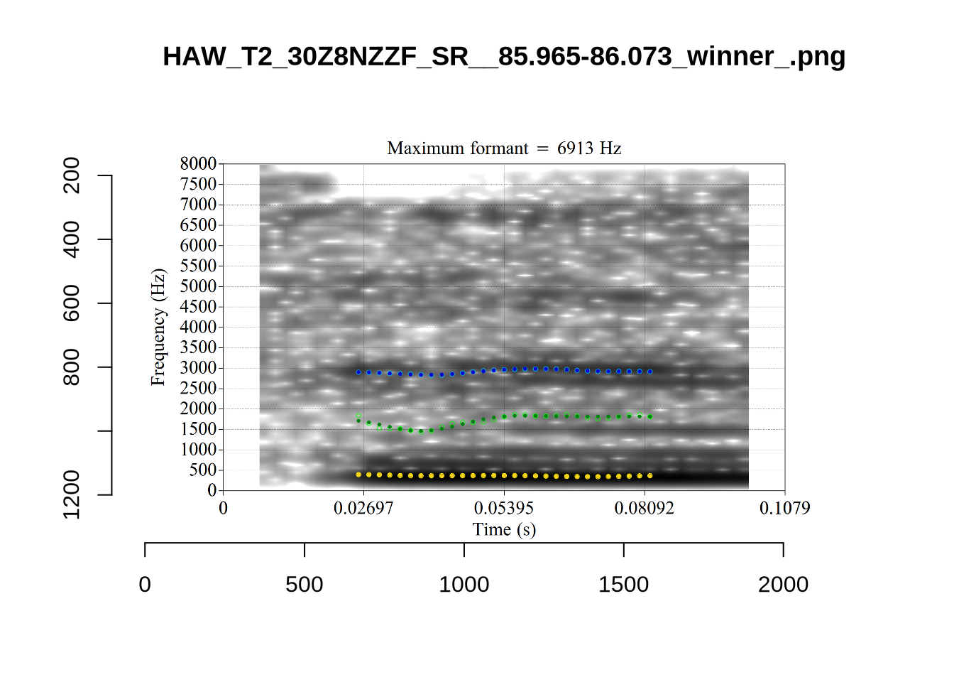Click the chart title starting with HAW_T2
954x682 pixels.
[x=504, y=56]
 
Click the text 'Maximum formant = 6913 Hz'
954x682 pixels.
[x=504, y=148]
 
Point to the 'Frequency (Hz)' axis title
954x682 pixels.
[x=158, y=327]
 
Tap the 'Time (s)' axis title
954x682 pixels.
[x=504, y=529]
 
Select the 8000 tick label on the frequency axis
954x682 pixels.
[x=198, y=163]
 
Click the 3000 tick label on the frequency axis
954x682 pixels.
[x=198, y=368]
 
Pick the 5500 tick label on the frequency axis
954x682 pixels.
[x=198, y=266]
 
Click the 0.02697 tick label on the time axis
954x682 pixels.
[x=363, y=508]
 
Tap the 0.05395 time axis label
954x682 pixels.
[x=504, y=508]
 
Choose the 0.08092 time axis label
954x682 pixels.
[x=645, y=508]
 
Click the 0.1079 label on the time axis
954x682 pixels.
[x=784, y=508]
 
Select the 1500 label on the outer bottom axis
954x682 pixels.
[x=623, y=585]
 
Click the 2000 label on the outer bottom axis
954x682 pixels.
[x=783, y=585]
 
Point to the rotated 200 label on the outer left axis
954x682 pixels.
[x=72, y=175]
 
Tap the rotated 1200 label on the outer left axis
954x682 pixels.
[x=72, y=494]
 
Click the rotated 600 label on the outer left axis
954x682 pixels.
[x=72, y=303]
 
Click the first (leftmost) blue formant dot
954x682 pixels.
[x=358, y=372]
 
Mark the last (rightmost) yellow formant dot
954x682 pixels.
[x=650, y=476]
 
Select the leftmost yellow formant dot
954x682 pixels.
[x=358, y=475]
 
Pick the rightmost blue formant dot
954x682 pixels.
[x=650, y=372]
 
